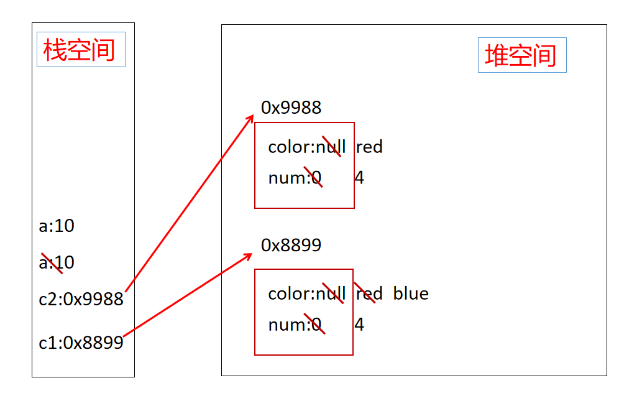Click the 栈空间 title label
click(x=81, y=50)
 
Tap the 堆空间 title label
click(x=521, y=55)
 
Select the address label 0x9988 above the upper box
click(x=291, y=108)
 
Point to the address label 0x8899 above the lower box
click(x=291, y=245)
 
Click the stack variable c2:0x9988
click(x=81, y=300)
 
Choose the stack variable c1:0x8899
click(x=81, y=343)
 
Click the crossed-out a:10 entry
click(x=57, y=262)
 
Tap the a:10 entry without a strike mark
click(x=57, y=226)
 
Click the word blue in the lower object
click(x=411, y=293)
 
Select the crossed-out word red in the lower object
click(x=369, y=293)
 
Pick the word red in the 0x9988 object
click(x=369, y=147)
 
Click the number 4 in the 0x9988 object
click(x=359, y=178)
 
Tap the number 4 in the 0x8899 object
click(x=359, y=325)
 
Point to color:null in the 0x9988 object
click(x=306, y=147)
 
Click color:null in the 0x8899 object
click(x=306, y=293)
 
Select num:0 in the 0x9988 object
click(x=295, y=178)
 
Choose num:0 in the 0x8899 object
click(x=295, y=325)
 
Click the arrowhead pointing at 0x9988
click(x=250, y=118)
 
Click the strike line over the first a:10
click(x=52, y=264)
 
